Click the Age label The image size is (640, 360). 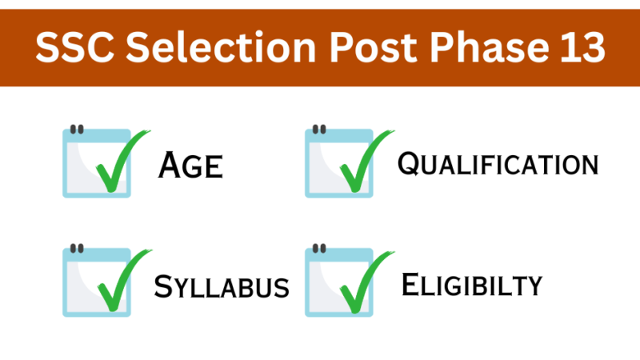pyautogui.click(x=190, y=166)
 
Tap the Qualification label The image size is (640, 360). pyautogui.click(x=498, y=165)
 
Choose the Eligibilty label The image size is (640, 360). pyautogui.click(x=472, y=284)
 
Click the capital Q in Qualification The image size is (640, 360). pyautogui.click(x=410, y=165)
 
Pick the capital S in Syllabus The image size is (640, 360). pyautogui.click(x=164, y=286)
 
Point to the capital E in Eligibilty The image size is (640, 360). pyautogui.click(x=411, y=284)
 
